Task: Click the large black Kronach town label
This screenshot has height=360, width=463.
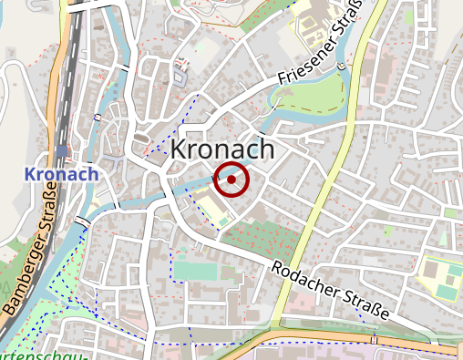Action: point(222,149)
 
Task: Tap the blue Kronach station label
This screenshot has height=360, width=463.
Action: point(62,173)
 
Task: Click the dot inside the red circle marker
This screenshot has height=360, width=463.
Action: point(231,180)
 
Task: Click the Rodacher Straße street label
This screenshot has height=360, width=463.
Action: point(330,291)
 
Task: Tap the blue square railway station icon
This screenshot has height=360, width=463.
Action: point(60,151)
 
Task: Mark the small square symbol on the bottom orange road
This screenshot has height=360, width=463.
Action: point(374,339)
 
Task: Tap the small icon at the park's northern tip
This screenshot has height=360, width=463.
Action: point(340,67)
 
